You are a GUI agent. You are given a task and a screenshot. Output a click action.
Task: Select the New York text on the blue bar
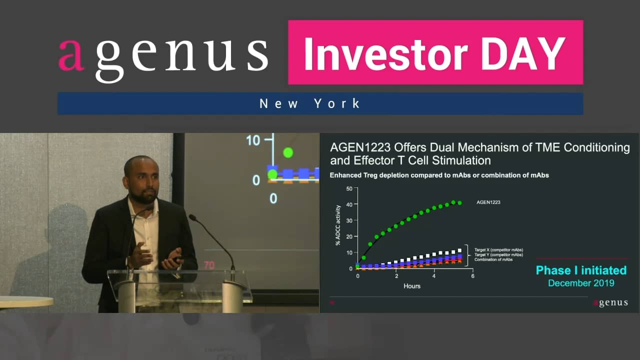point(310,104)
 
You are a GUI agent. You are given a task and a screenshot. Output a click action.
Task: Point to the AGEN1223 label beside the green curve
point(488,202)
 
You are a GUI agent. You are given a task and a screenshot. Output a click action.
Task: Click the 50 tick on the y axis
point(349,188)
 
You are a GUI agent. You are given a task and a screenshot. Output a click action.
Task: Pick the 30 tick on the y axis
point(349,220)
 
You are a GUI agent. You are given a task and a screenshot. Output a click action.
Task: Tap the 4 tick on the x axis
point(434,276)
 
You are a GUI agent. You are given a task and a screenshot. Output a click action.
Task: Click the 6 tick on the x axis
point(472,276)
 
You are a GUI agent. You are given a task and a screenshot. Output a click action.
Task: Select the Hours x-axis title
point(412,286)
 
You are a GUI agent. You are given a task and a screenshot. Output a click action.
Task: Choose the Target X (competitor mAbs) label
point(498,249)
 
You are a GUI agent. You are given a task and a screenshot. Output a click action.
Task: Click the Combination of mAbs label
point(493,259)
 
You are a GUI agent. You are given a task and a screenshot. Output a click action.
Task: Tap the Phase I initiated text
point(581,270)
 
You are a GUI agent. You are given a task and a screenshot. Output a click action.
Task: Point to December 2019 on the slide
point(581,283)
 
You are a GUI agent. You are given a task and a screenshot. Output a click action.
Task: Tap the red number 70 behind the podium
point(208,265)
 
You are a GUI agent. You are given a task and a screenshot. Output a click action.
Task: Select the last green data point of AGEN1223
point(459,203)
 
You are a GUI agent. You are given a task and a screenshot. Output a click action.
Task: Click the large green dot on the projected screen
point(288,152)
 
